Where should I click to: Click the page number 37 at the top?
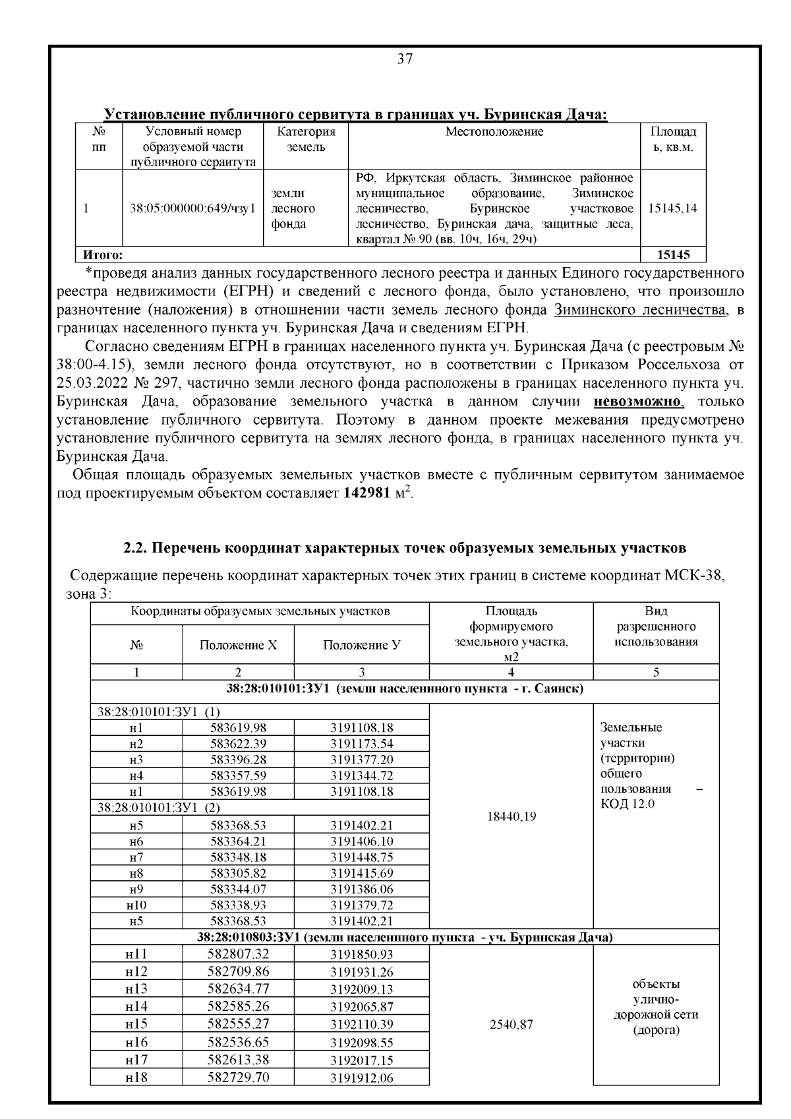coord(405,59)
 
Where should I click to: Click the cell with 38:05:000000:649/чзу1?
coord(192,208)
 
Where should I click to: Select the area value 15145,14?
coord(673,208)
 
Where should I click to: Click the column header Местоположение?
coord(494,132)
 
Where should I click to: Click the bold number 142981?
coord(367,493)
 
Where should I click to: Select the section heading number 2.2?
coord(136,548)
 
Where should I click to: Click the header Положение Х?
coord(238,645)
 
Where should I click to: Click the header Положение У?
coord(361,645)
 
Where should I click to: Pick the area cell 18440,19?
coord(510,816)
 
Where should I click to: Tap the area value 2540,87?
coord(510,1025)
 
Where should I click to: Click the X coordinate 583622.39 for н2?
coord(238,744)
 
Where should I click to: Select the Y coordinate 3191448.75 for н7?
coord(361,857)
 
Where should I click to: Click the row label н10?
coord(136,905)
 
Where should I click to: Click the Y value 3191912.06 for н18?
coord(361,1078)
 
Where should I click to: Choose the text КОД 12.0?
coord(628,804)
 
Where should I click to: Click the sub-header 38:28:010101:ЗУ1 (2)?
coord(159,807)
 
